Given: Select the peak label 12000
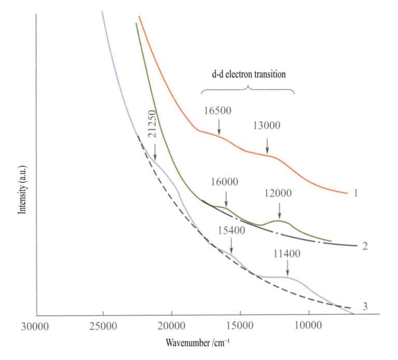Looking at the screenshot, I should click(278, 193).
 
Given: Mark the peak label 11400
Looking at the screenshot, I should click(286, 254).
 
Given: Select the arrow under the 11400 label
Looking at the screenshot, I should click(288, 269).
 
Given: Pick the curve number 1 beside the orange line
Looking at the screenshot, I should click(356, 193).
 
